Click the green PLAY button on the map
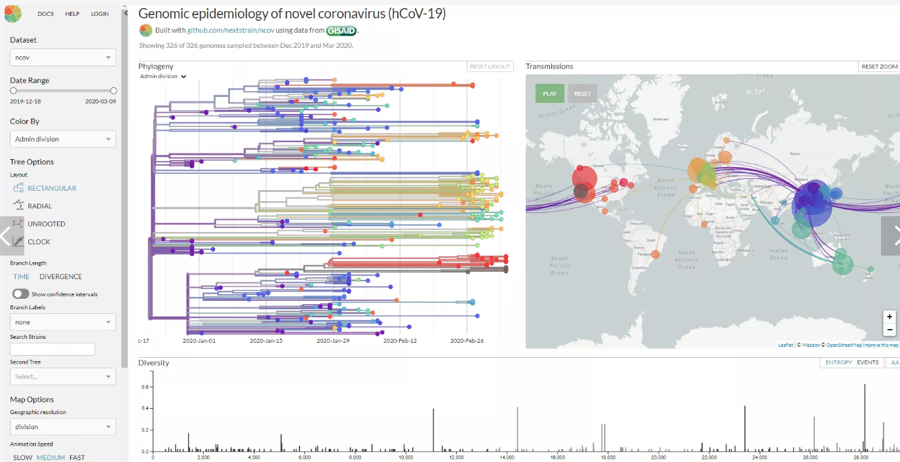click(549, 93)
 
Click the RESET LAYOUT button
click(490, 67)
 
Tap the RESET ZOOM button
click(879, 67)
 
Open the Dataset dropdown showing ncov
click(63, 58)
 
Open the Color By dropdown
click(63, 139)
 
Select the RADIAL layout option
click(39, 206)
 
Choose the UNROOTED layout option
click(46, 224)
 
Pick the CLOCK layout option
click(39, 242)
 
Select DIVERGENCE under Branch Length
click(61, 277)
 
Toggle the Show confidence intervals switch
click(21, 294)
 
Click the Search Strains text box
click(52, 349)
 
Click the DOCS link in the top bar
click(46, 14)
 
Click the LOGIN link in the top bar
click(100, 14)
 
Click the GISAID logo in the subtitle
click(342, 30)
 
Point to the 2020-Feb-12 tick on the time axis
click(400, 341)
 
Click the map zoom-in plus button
click(890, 317)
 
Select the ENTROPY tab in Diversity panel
click(838, 362)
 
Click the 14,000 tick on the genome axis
click(507, 457)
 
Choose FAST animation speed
click(77, 457)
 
